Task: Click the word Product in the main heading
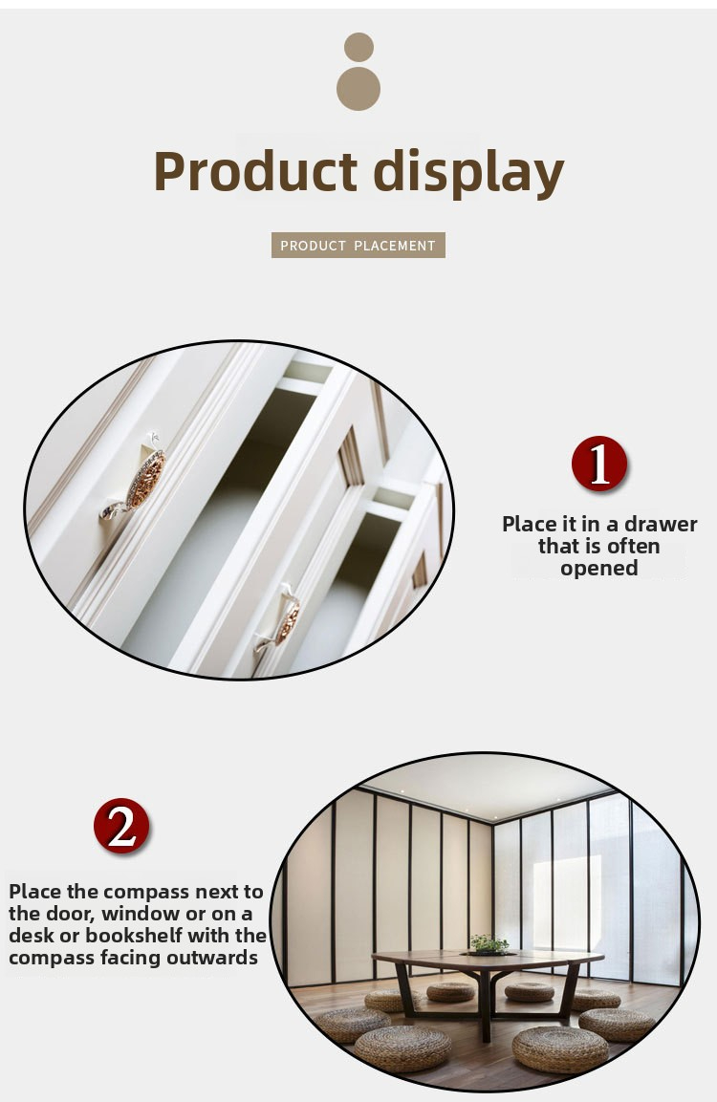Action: coord(256,171)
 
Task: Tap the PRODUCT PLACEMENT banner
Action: coord(358,246)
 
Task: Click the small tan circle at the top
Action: coord(358,47)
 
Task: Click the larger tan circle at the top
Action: coord(358,89)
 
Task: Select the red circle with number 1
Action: coord(598,464)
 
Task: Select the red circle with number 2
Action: coord(121,826)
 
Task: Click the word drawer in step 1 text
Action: coord(661,525)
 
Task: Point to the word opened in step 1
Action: coord(598,568)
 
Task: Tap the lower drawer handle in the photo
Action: coord(279,618)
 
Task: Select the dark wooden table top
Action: coord(488,959)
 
